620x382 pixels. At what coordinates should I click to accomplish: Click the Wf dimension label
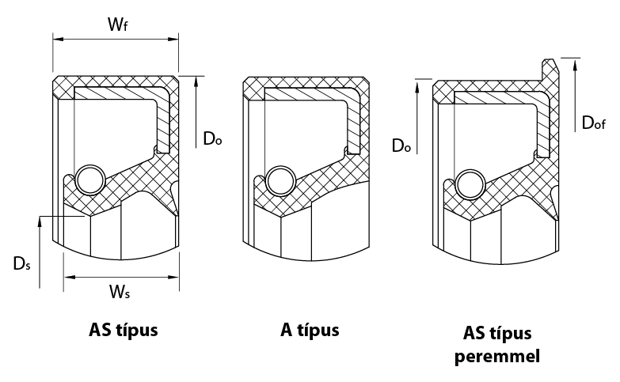point(117,24)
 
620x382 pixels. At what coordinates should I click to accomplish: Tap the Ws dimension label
point(120,293)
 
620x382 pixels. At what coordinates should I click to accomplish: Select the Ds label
point(21,263)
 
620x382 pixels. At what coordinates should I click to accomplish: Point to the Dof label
point(594,123)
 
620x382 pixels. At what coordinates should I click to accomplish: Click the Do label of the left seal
point(212,138)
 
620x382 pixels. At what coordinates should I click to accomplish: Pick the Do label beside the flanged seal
point(401,146)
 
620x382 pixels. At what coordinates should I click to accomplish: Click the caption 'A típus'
point(310,331)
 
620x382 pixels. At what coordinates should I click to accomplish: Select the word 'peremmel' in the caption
point(497,357)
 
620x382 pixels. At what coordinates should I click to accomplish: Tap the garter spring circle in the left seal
point(90,180)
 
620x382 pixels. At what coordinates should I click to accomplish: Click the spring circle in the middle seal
point(280,180)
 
